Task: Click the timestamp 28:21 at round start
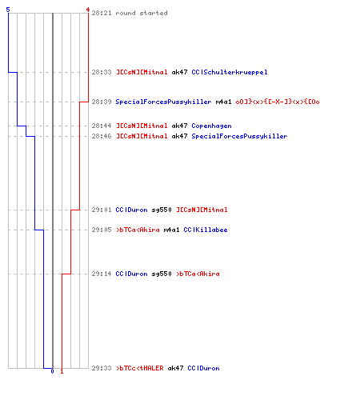tap(102, 13)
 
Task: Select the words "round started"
tap(142, 13)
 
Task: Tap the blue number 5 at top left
tap(8, 10)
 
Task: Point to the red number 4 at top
tap(87, 10)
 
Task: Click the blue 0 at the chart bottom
tap(52, 371)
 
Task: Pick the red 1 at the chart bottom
tap(62, 371)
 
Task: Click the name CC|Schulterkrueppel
tap(230, 72)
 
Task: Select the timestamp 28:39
tap(102, 102)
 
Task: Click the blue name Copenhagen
tap(211, 126)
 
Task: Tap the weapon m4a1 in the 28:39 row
tap(223, 102)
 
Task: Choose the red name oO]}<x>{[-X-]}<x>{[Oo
tap(278, 102)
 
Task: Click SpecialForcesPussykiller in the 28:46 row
tap(239, 136)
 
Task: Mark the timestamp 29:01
tap(102, 210)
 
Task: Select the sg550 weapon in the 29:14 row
tap(162, 274)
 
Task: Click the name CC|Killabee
tap(206, 230)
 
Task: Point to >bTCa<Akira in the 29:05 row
tap(138, 230)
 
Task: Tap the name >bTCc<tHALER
tap(140, 368)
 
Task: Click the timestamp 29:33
tap(102, 368)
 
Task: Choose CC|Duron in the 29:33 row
tap(203, 368)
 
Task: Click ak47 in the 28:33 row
tap(179, 72)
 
